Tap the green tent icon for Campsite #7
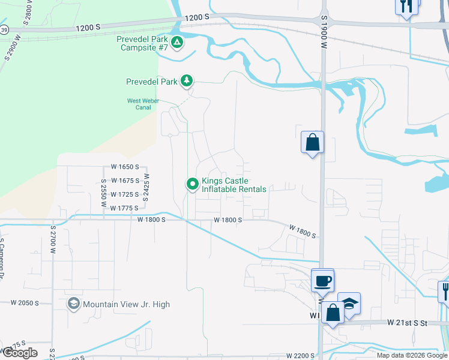click(177, 43)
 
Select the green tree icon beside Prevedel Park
click(187, 80)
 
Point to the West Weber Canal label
click(143, 104)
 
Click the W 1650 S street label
click(125, 167)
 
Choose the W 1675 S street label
click(125, 181)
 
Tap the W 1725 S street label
click(125, 194)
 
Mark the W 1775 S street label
click(125, 208)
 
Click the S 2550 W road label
click(104, 192)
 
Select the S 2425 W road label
click(146, 187)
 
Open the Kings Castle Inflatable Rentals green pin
click(192, 184)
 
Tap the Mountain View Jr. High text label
click(126, 304)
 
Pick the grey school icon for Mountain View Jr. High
click(74, 304)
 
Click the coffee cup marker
click(323, 280)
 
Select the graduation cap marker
click(349, 303)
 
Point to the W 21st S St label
click(406, 323)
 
